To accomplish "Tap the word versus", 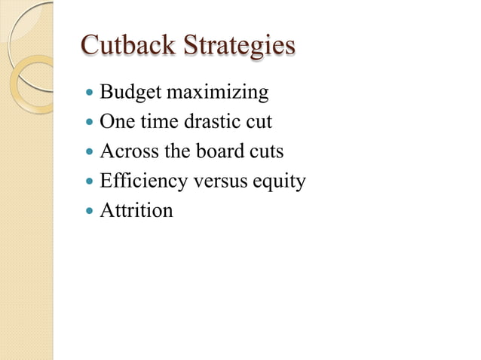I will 211,182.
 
